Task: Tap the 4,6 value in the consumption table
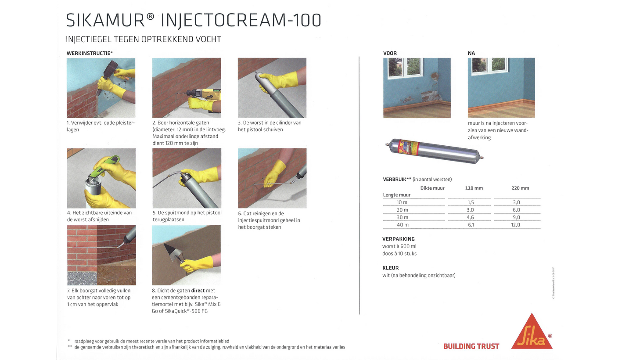[470, 217]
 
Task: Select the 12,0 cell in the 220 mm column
[516, 225]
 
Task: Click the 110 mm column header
[474, 188]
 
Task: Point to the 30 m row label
[403, 217]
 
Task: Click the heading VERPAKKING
[399, 239]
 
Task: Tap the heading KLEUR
[390, 268]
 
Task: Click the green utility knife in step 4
[104, 166]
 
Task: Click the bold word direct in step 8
[198, 291]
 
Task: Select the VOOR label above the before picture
[390, 53]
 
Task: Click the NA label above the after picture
[471, 53]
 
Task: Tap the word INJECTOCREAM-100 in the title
[241, 20]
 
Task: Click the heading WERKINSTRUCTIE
[89, 53]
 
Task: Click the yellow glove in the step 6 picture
[275, 174]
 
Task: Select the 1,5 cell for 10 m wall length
[471, 202]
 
